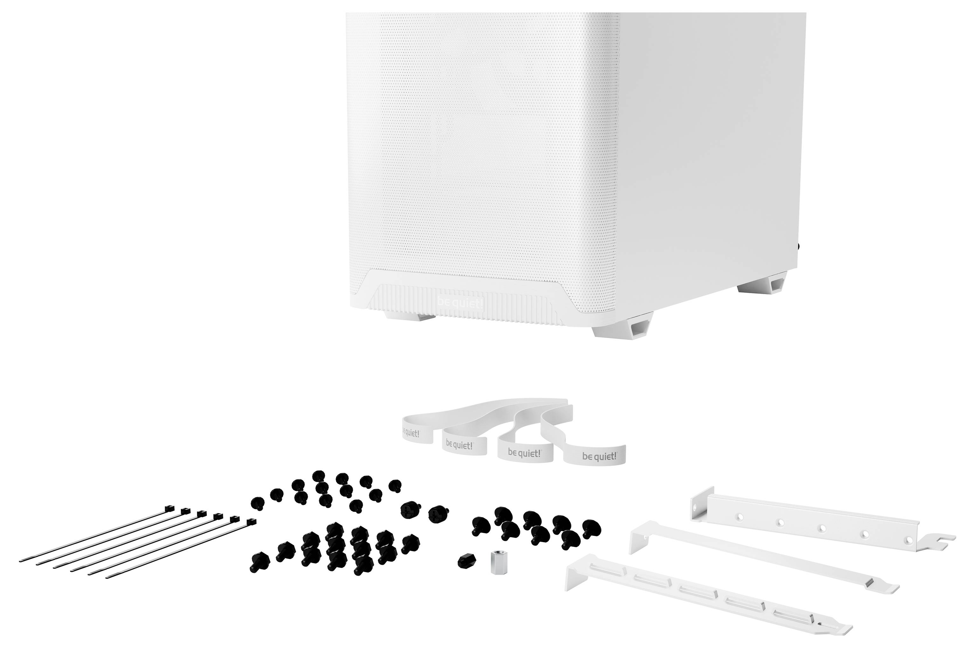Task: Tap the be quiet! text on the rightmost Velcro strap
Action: tap(599, 456)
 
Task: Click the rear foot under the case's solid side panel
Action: tap(763, 287)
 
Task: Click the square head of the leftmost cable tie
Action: tap(169, 507)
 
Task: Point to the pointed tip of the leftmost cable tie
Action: tap(21, 560)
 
